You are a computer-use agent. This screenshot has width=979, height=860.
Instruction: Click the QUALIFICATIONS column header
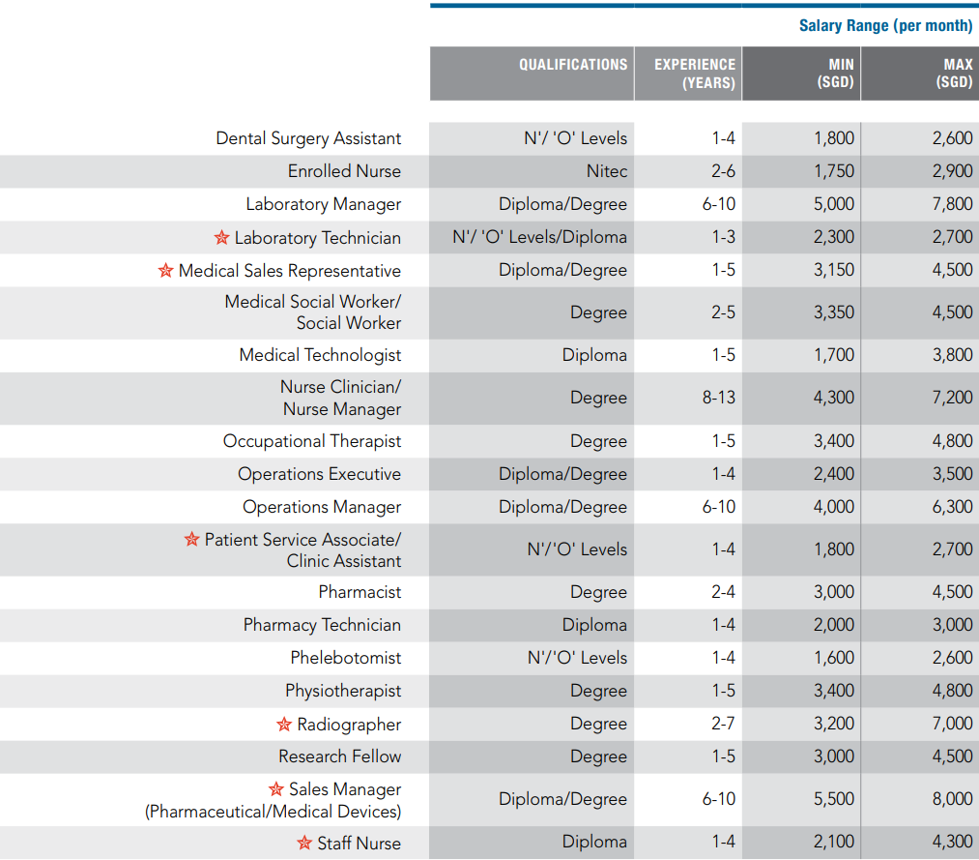[573, 65]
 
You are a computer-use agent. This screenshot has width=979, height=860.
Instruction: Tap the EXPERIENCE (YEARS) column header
[695, 74]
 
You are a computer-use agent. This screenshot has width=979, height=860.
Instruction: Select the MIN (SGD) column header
[835, 74]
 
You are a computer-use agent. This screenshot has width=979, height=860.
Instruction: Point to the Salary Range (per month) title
[885, 25]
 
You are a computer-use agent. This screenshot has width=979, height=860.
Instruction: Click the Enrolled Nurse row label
[344, 171]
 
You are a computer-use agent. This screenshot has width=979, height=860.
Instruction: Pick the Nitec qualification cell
[607, 171]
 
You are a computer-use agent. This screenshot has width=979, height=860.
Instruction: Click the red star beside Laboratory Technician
[221, 238]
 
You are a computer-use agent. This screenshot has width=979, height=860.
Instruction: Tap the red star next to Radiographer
[284, 725]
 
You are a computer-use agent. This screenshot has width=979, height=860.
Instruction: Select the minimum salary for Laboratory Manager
[833, 204]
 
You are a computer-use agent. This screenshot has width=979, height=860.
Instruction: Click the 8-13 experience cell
[719, 398]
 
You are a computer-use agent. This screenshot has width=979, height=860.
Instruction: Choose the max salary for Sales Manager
[952, 799]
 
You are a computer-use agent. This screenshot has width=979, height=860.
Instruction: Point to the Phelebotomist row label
[345, 658]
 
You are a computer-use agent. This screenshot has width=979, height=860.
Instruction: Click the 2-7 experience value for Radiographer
[723, 724]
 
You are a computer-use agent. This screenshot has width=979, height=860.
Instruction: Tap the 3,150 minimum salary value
[833, 270]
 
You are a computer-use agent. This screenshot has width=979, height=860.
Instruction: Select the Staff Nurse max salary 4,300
[952, 842]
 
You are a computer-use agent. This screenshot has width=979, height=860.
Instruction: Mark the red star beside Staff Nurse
[304, 843]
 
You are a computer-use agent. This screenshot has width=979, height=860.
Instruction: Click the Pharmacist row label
[360, 592]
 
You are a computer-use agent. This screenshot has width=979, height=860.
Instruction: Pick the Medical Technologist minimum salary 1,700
[833, 355]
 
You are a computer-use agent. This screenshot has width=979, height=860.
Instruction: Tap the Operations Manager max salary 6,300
[952, 507]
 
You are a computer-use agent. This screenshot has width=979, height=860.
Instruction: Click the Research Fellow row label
[339, 756]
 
